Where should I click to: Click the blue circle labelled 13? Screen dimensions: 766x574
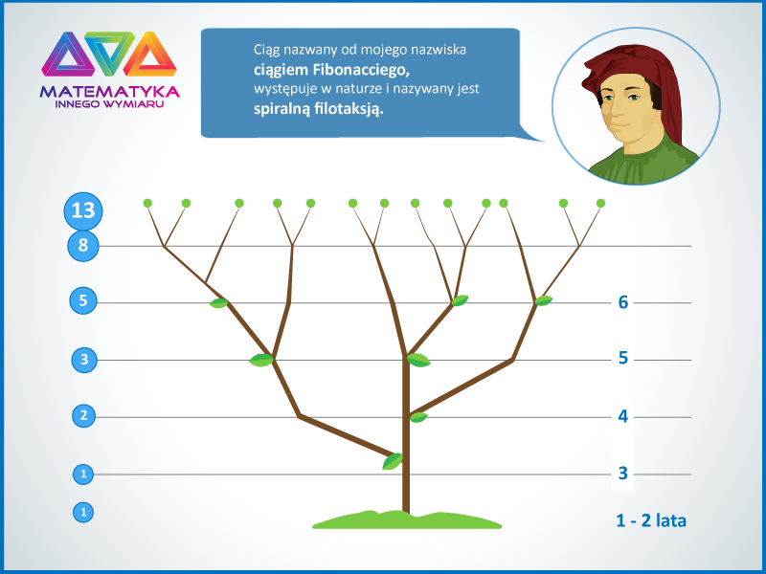click(x=83, y=210)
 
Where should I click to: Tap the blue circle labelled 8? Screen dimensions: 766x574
click(x=83, y=246)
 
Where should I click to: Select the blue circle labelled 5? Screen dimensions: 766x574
click(x=83, y=300)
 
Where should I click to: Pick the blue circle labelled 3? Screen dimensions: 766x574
click(x=84, y=360)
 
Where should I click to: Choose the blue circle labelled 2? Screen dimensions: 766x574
click(x=83, y=416)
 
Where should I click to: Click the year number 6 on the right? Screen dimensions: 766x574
click(x=623, y=302)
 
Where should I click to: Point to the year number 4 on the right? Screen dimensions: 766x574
click(x=623, y=416)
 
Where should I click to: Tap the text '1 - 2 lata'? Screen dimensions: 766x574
click(x=651, y=520)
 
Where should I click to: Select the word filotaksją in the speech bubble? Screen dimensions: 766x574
click(x=349, y=108)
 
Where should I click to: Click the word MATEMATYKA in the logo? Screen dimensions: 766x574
click(x=110, y=92)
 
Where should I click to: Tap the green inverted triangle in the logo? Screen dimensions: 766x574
click(x=110, y=53)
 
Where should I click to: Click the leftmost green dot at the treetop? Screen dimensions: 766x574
click(x=147, y=203)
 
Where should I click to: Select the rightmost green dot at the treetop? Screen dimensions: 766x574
click(x=601, y=203)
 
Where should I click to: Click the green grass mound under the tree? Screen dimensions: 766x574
click(x=407, y=520)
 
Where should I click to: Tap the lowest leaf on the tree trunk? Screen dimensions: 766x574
click(x=393, y=461)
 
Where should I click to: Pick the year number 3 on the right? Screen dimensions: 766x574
click(x=623, y=473)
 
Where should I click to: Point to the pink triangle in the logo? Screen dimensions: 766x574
click(x=68, y=55)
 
